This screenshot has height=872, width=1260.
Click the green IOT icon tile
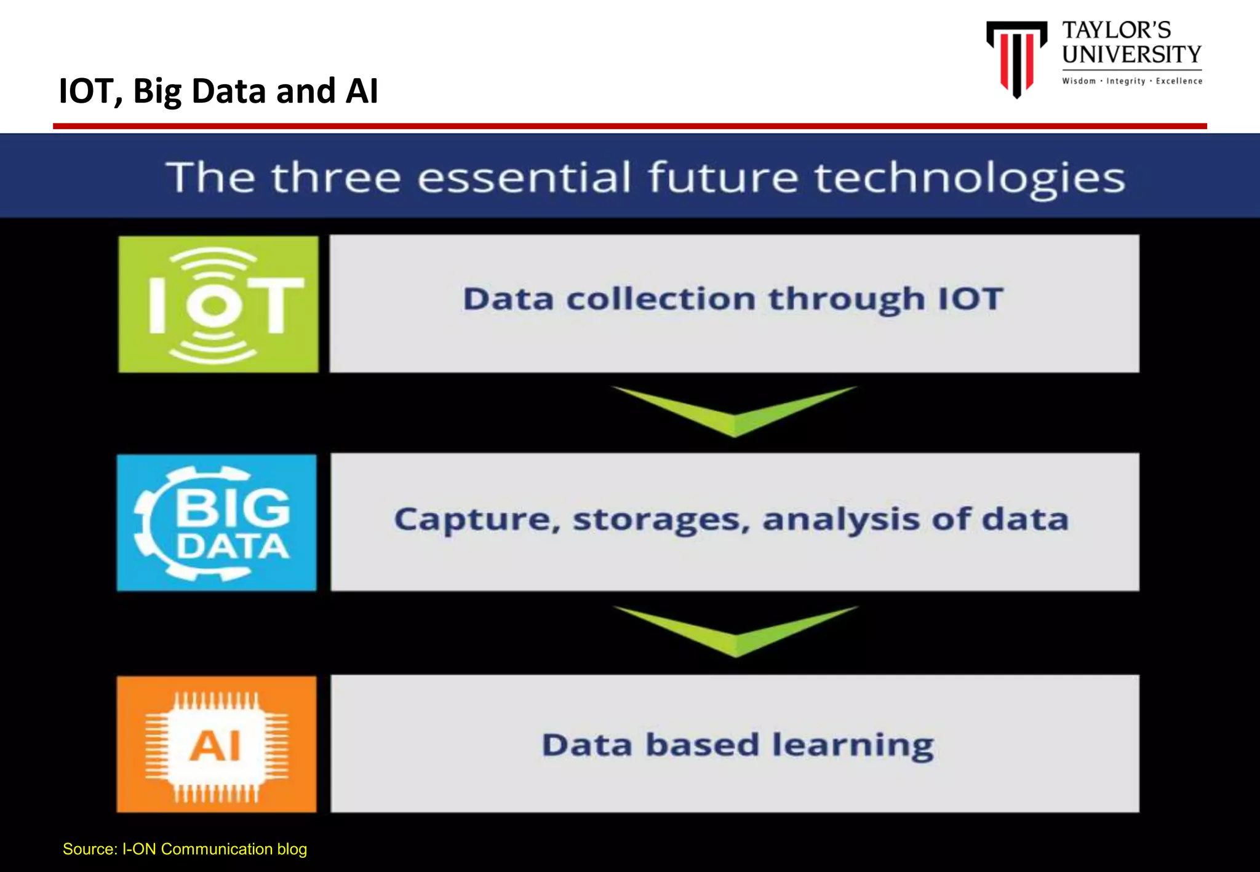[218, 304]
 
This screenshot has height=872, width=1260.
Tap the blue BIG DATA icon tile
[217, 523]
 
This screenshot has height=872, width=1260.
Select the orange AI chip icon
[217, 745]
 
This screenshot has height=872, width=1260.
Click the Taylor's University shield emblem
[1016, 58]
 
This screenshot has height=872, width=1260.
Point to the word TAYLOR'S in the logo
[1116, 30]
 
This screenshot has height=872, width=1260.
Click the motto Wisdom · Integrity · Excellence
[1132, 81]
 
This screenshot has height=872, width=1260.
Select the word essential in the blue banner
[524, 178]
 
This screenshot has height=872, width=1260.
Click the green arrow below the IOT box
[734, 410]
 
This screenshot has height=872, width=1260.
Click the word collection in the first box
[661, 299]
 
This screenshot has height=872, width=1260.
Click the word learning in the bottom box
[853, 745]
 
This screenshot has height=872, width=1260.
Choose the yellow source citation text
[185, 849]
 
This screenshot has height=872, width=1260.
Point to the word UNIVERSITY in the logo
[1131, 55]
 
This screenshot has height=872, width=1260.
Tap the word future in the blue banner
[723, 178]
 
